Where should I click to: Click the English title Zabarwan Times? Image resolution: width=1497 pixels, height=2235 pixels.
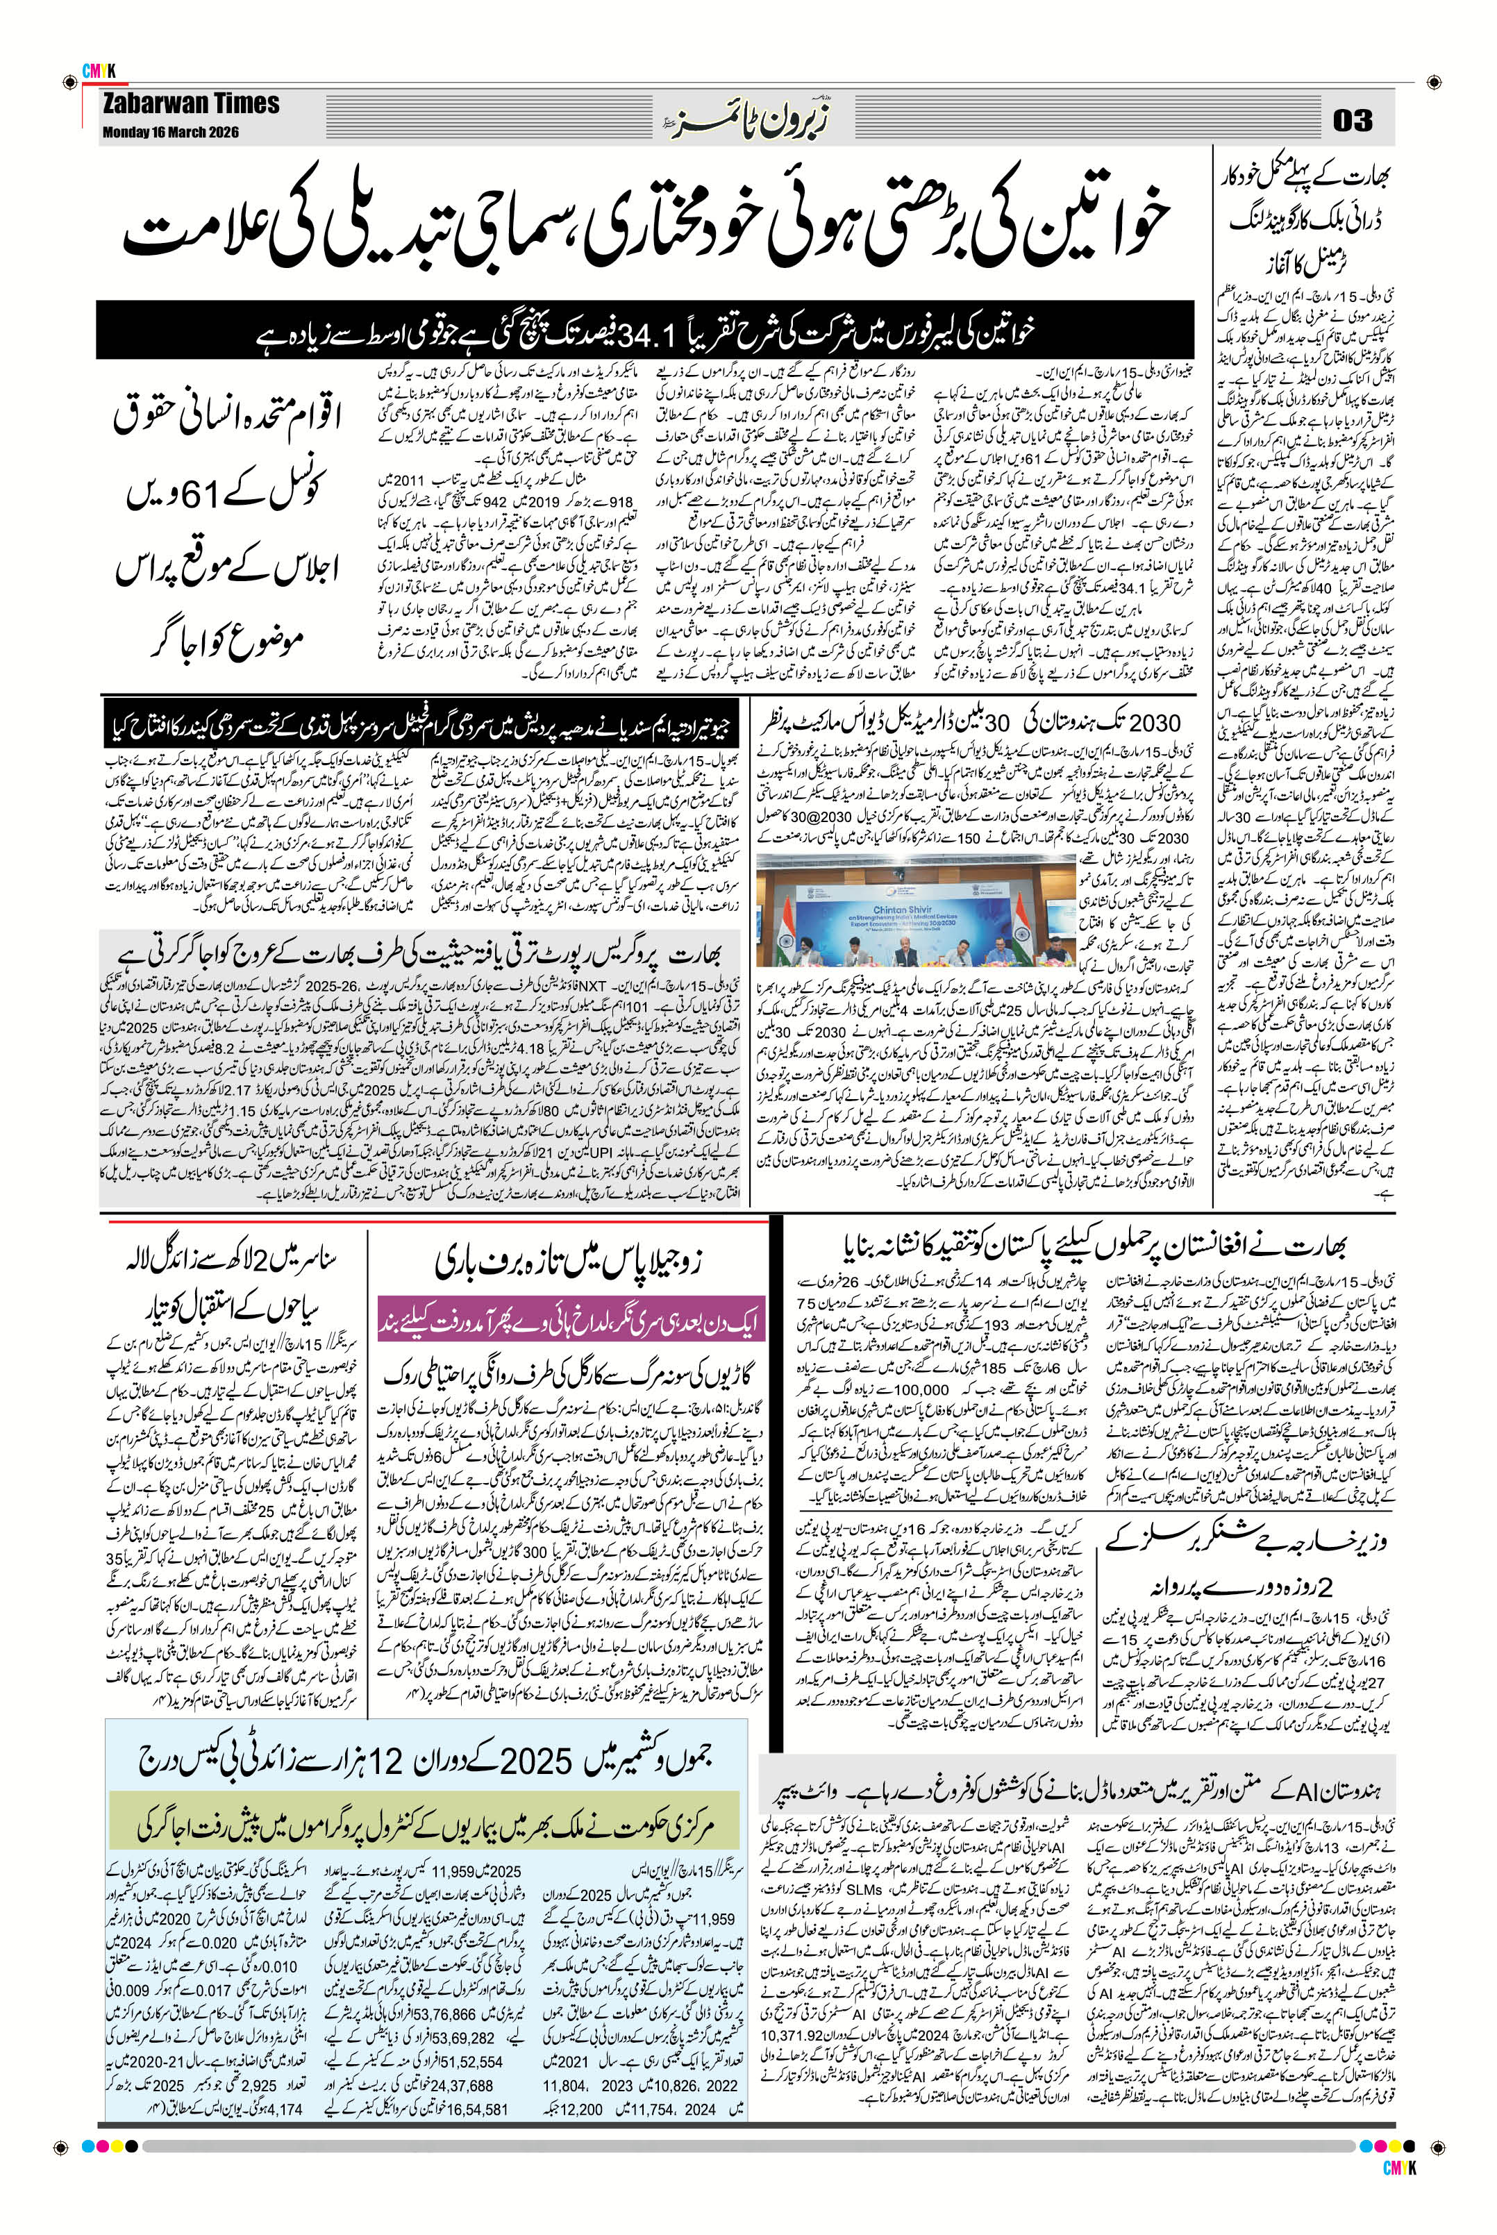point(192,104)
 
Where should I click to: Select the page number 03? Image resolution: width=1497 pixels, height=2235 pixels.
point(1352,120)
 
